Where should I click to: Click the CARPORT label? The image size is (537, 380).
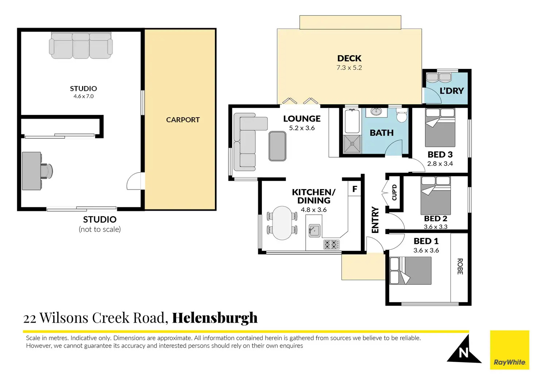pos(183,120)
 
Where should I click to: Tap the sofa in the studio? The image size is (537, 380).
pos(81,46)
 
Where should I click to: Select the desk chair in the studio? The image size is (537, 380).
pos(46,171)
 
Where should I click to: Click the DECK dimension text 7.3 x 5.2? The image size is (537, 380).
pos(349,68)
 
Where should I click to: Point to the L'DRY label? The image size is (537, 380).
pos(452,91)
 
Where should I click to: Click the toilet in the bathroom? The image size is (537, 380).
pos(402,115)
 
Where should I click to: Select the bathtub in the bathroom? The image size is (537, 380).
pos(352,121)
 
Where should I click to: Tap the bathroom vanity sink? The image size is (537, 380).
pos(376,111)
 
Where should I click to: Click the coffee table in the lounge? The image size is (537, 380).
pos(277,146)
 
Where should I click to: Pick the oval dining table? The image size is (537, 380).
pos(282,223)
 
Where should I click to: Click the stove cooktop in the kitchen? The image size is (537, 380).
pos(331,245)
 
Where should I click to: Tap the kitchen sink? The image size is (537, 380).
pos(314,230)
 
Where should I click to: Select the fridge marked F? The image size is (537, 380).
pos(355,189)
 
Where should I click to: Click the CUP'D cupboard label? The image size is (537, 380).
pos(394,192)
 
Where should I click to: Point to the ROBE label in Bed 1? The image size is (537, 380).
pos(460,266)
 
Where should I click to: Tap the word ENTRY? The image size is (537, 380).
pos(375,220)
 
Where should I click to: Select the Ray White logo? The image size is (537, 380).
pos(509,350)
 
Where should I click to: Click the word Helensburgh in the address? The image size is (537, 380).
pos(215,318)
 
